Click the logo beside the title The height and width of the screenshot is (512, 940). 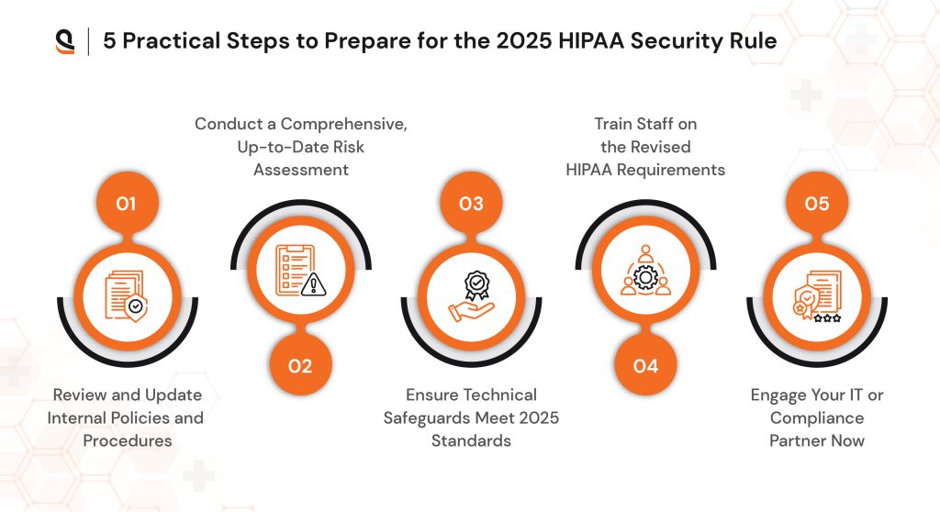point(65,41)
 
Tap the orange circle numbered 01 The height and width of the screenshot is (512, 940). point(126,203)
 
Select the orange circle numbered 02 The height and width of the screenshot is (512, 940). point(300,366)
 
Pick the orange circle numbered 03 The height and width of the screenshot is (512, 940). point(471,203)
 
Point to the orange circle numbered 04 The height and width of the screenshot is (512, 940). point(646,366)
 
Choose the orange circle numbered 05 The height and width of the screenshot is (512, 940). point(817,203)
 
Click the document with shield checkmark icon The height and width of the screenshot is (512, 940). point(126,294)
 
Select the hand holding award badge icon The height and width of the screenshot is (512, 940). point(471,294)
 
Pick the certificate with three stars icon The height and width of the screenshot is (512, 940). point(817,294)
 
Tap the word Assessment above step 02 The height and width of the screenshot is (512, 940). point(300,170)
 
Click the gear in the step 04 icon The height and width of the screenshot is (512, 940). point(646,276)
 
